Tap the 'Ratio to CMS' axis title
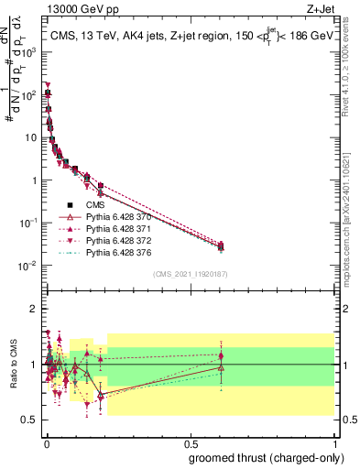coord(15,364)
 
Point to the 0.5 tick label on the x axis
coord(190,443)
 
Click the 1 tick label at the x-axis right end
coord(336,443)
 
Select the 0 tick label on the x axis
coord(46,443)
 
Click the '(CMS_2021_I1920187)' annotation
coord(191,274)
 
